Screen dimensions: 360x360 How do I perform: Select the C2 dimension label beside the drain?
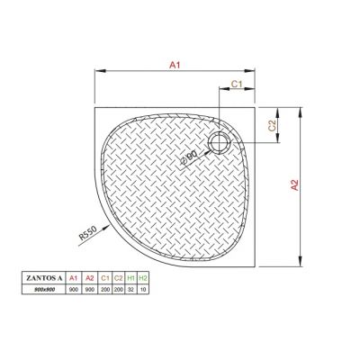271,126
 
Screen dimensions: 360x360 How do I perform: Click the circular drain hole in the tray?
219,141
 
